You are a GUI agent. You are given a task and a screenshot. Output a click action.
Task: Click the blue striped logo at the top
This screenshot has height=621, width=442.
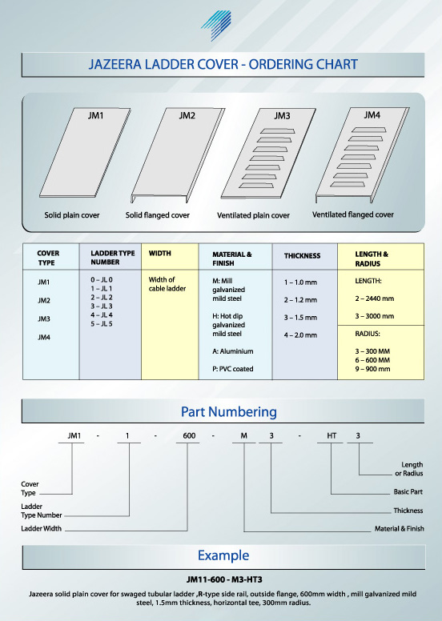click(x=217, y=25)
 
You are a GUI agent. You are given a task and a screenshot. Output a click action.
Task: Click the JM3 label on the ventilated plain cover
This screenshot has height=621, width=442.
click(x=282, y=116)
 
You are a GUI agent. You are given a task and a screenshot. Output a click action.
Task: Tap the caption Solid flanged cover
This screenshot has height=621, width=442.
click(x=158, y=215)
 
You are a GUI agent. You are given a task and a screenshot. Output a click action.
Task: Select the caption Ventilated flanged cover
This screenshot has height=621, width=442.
click(x=353, y=214)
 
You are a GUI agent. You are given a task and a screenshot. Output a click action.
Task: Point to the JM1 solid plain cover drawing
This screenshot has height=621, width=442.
click(x=85, y=153)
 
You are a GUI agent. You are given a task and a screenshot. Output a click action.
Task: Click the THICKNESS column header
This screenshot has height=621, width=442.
click(x=302, y=256)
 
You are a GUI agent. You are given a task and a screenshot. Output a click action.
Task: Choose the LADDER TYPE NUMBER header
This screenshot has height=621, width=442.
click(x=113, y=258)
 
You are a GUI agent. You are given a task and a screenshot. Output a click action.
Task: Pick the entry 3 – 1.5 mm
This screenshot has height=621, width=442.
click(x=300, y=318)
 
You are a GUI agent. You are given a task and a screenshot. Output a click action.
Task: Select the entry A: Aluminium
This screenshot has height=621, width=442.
click(x=233, y=351)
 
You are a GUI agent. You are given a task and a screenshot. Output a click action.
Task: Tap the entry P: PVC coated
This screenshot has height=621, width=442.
click(x=233, y=369)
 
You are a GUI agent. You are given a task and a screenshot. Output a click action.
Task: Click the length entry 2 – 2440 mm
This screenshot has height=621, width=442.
click(x=375, y=298)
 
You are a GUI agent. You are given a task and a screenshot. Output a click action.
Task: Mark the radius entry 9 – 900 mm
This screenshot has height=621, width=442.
click(x=372, y=369)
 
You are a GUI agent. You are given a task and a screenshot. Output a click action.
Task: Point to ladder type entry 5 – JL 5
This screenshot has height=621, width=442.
click(x=102, y=324)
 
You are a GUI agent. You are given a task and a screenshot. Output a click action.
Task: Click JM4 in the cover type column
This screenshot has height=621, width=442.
click(x=44, y=338)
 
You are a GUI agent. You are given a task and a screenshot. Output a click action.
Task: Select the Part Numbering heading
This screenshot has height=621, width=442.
click(x=229, y=412)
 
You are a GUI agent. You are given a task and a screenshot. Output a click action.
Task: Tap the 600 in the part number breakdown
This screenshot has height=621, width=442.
click(x=189, y=435)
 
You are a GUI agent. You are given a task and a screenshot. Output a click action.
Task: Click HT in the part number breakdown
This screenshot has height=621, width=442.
click(x=331, y=435)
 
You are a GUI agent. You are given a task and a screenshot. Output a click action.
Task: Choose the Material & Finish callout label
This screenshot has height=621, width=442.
click(x=400, y=528)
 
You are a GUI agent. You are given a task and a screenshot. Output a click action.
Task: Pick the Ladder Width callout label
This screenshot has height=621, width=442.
click(x=41, y=528)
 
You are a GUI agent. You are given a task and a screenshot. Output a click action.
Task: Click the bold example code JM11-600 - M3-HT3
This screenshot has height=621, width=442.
click(x=224, y=580)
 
